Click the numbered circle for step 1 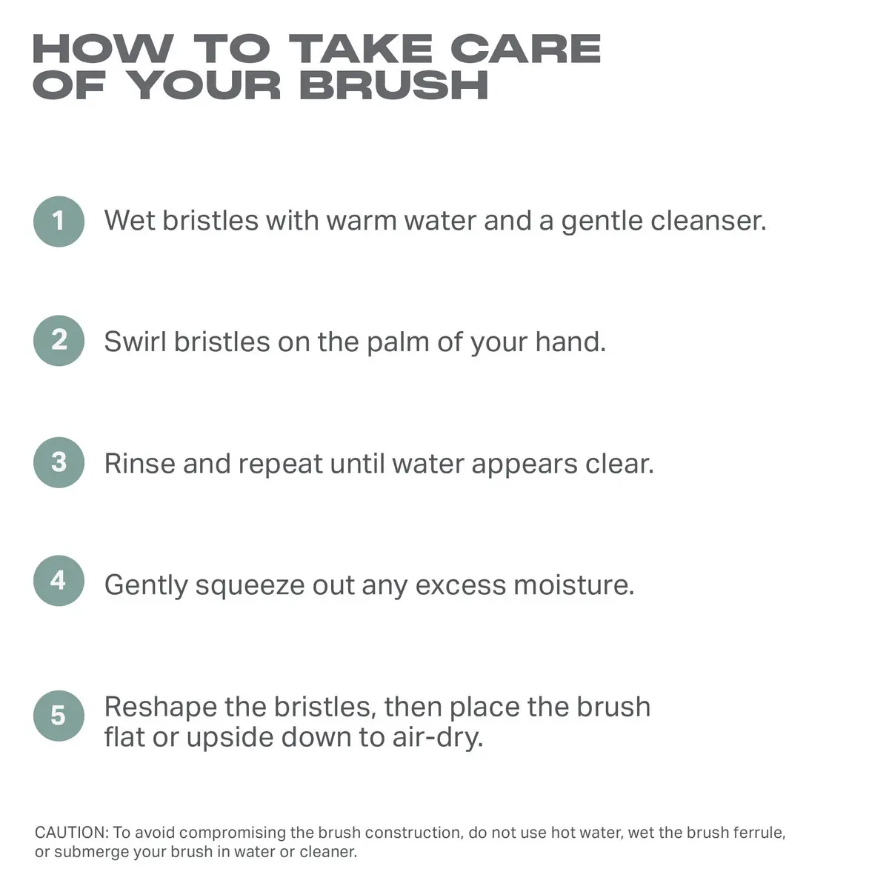tap(59, 222)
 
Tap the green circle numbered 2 tap(59, 341)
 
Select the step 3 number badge tap(59, 462)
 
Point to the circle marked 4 tap(59, 581)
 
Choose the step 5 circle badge tap(59, 716)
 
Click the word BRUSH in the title tap(393, 85)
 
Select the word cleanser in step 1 tap(709, 221)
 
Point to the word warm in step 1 tap(362, 222)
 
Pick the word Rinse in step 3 tap(140, 463)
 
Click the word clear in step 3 tap(619, 463)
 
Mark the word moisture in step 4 tap(574, 585)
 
